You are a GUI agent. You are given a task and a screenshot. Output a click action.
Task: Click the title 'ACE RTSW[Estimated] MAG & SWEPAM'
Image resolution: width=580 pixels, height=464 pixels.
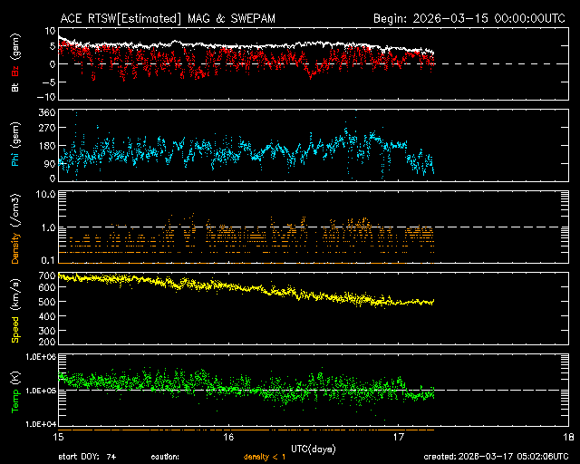click(156, 17)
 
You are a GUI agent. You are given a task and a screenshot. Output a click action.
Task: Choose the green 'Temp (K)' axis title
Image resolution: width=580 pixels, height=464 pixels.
click(15, 391)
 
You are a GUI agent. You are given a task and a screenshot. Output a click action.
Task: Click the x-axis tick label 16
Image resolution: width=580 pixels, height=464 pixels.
click(228, 437)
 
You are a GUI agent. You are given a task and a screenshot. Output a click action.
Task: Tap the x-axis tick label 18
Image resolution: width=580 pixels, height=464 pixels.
click(567, 437)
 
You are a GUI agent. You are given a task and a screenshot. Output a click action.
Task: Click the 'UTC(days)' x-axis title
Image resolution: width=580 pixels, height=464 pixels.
click(313, 447)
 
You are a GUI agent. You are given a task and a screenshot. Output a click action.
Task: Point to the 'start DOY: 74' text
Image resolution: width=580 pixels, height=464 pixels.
click(87, 456)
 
